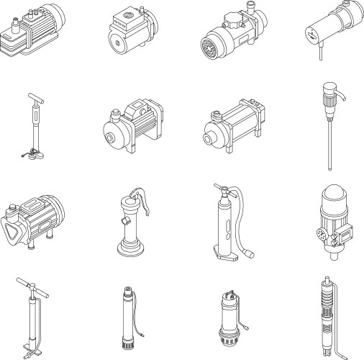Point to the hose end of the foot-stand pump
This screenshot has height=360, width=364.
coord(250,253)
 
